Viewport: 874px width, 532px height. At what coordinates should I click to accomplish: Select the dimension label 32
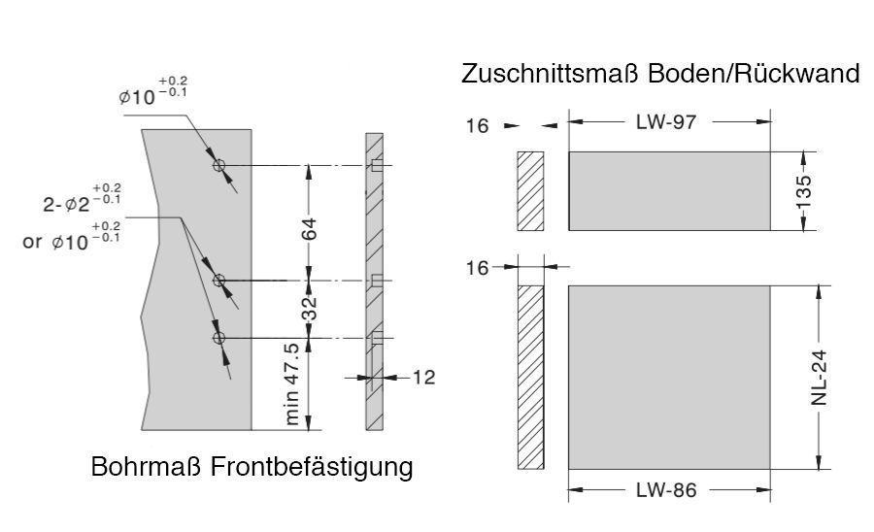point(310,309)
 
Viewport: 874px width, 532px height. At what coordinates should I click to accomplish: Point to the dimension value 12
point(423,377)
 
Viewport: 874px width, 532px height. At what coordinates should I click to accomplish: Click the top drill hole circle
point(219,165)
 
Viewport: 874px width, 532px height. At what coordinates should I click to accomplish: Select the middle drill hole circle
point(219,281)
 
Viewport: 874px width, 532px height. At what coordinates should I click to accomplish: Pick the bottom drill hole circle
point(219,338)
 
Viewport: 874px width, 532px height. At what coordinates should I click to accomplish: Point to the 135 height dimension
point(804,190)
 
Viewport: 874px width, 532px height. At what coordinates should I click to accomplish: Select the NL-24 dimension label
point(822,378)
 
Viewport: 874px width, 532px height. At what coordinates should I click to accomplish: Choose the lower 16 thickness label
point(478,268)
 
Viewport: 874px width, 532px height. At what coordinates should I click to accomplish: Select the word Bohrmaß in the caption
point(146,466)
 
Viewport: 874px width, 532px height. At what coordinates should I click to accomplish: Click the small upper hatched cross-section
point(530,191)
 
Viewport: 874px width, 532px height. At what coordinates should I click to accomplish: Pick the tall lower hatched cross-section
point(530,377)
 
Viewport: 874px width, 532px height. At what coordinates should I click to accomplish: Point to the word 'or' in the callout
point(34,242)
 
